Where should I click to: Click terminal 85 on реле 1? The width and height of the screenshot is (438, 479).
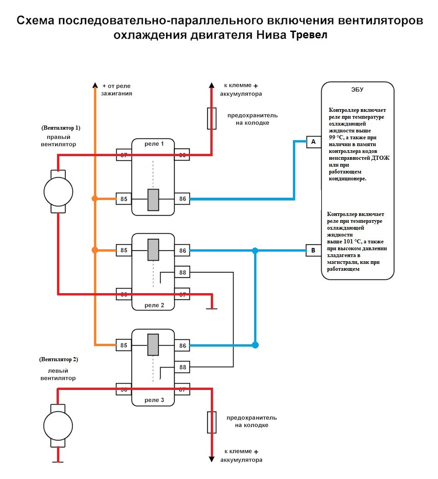(124, 199)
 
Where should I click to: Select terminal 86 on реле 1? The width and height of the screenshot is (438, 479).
(182, 199)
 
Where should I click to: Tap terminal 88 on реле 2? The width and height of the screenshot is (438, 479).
(182, 273)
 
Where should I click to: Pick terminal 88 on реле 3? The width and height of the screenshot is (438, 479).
(182, 367)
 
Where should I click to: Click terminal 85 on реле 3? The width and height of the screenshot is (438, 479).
(124, 346)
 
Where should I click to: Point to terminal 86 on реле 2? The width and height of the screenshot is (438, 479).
(182, 250)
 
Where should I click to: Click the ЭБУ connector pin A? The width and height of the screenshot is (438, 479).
(313, 142)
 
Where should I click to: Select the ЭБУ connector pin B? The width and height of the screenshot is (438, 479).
(313, 250)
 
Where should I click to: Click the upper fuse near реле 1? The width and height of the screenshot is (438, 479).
(212, 118)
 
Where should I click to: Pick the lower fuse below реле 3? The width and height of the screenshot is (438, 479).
(212, 421)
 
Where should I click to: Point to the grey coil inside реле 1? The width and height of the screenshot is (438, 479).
(153, 200)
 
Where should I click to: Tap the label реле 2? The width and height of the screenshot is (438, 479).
(153, 305)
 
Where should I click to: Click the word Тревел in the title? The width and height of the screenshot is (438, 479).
(309, 36)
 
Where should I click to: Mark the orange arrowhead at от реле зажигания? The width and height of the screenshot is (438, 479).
(95, 85)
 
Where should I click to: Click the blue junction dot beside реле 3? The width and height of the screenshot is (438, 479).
(255, 345)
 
